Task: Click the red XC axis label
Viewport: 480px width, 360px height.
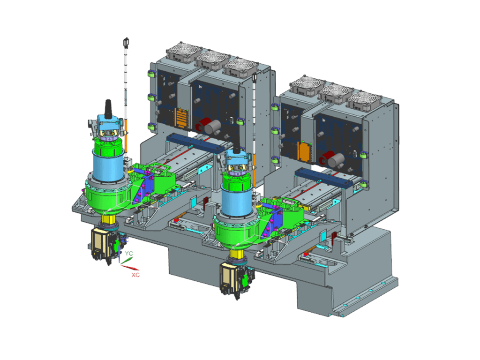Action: coord(135,275)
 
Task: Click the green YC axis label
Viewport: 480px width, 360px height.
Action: coord(129,254)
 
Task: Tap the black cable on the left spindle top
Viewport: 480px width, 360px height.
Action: coord(108,109)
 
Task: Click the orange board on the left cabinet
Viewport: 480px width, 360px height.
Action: coord(181,117)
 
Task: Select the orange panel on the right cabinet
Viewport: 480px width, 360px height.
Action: coord(305,151)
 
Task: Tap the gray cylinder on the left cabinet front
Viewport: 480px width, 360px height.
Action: coord(212,127)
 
